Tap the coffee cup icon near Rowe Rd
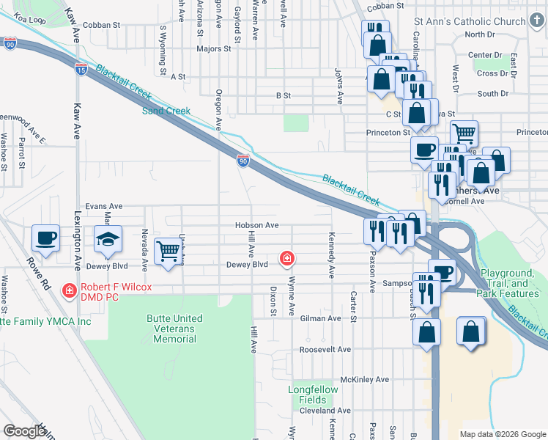(x=45, y=238)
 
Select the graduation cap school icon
(x=108, y=240)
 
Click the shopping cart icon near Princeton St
(x=464, y=134)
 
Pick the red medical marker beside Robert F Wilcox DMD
(x=70, y=290)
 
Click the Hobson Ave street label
(x=257, y=225)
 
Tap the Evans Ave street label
(x=104, y=207)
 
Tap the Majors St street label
(x=213, y=49)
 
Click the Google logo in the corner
(x=24, y=431)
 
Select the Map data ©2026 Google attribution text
(x=502, y=434)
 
